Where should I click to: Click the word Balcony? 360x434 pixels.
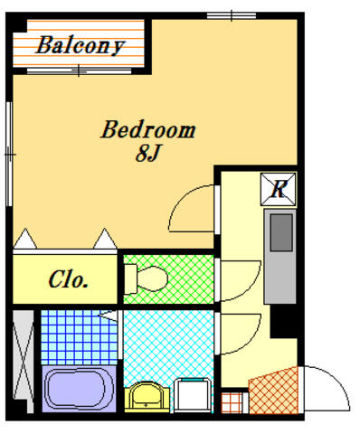pos(80,45)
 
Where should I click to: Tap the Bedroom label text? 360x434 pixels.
pos(148,129)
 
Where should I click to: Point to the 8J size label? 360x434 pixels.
pos(147,153)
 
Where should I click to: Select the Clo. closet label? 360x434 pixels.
pos(68,279)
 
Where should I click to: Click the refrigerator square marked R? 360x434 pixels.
pos(279,190)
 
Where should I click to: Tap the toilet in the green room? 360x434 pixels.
pos(146,278)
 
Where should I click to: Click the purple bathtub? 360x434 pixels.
pos(79,389)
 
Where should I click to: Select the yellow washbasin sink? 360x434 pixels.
pos(147,397)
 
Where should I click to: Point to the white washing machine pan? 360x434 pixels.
pos(193,395)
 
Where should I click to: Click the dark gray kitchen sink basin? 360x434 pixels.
pos(281,232)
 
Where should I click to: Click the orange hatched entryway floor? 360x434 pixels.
pos(273,391)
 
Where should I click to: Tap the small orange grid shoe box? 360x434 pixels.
pos(232,402)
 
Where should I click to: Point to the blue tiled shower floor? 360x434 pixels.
pos(79,337)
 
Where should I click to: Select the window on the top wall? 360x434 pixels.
pos(232,15)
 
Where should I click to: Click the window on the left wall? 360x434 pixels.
pos(9,154)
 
